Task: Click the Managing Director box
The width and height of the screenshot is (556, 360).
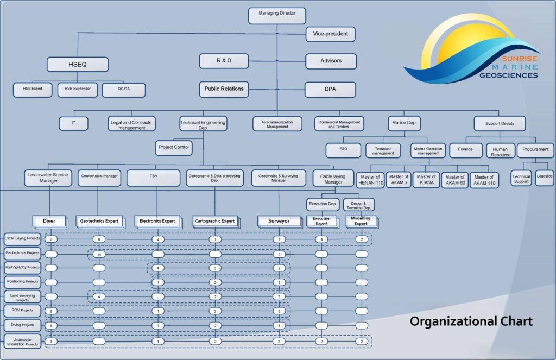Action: tap(277, 15)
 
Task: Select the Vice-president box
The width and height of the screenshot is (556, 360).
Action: tap(331, 34)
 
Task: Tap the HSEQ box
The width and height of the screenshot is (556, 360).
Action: tap(77, 65)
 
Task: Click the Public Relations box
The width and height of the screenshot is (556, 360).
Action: tap(224, 89)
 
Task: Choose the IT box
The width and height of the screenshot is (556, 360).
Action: tap(73, 124)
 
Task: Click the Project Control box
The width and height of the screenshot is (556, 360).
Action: tap(174, 147)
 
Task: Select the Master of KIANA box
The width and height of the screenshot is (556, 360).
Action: tap(426, 179)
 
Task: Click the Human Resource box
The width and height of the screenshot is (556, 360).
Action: tap(500, 150)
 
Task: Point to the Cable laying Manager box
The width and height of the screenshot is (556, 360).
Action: tap(333, 179)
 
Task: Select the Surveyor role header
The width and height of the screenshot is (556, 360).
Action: tap(279, 221)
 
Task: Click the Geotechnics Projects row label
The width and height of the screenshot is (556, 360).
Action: tap(22, 253)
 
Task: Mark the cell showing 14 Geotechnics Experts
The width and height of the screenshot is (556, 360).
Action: tap(99, 254)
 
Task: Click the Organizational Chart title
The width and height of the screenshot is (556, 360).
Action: tap(471, 321)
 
